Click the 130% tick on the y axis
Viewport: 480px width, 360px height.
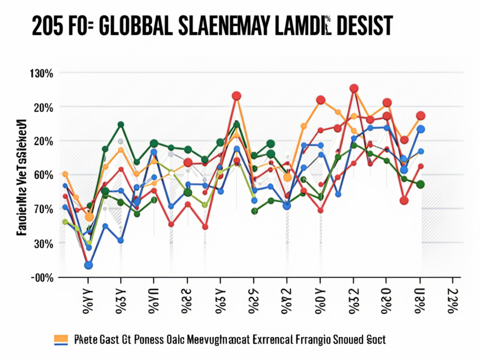(42, 74)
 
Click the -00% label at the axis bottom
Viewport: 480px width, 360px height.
(42, 277)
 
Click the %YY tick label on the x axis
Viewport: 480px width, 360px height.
(87, 302)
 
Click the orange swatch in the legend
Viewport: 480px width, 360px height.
(61, 338)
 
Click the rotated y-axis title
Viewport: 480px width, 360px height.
(21, 176)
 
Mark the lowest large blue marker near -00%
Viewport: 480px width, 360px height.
(88, 265)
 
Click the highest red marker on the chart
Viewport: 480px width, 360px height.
(354, 88)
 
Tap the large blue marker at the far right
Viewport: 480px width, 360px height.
(420, 129)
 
